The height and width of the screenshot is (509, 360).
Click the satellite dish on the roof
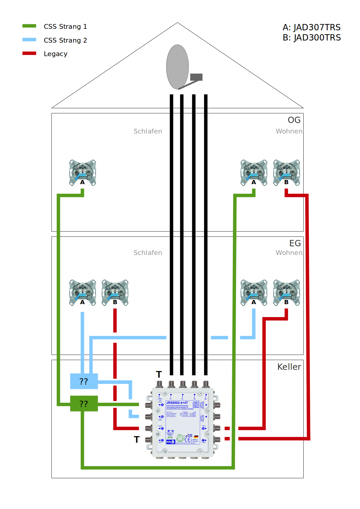[x=178, y=67]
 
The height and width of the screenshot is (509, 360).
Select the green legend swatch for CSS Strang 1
[x=29, y=26]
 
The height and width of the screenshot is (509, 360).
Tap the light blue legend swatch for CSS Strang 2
[x=29, y=40]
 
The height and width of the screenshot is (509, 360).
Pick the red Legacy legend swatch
[x=29, y=53]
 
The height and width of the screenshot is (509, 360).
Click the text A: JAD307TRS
[x=311, y=27]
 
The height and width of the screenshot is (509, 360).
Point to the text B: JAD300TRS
[x=311, y=38]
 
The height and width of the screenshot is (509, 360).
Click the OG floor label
[x=294, y=120]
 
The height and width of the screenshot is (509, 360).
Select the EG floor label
[x=295, y=243]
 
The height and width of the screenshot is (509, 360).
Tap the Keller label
[x=289, y=367]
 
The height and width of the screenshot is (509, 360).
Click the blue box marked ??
[x=84, y=381]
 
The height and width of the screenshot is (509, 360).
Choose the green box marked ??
[x=84, y=403]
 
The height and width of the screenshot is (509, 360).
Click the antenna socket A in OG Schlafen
[x=82, y=172]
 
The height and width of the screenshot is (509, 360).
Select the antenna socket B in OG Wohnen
[x=286, y=172]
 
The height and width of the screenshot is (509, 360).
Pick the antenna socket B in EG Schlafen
[x=115, y=292]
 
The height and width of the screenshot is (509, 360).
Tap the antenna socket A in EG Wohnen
[x=254, y=292]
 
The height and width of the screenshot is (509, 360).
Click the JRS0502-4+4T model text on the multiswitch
[x=177, y=403]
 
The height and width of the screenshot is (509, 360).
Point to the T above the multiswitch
[x=159, y=374]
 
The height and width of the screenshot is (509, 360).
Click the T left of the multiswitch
[x=136, y=439]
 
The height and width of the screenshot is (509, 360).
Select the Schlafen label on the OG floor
[x=148, y=131]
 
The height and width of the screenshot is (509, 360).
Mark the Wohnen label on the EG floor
[x=289, y=253]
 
